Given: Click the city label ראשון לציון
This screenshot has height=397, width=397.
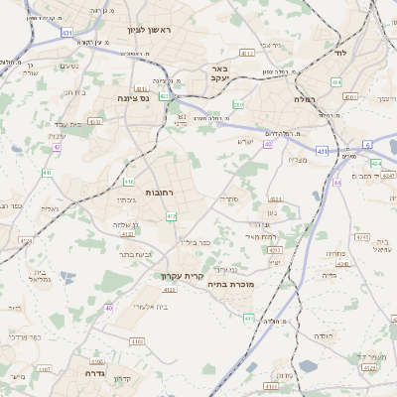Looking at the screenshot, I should pos(149,30).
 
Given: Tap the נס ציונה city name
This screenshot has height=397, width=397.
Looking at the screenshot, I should pos(133,98).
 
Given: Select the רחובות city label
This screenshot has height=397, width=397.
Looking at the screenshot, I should pos(161,192).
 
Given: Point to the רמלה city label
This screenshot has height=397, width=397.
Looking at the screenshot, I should pos(305,99).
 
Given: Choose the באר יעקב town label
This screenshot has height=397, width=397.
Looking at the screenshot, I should pos(219,73).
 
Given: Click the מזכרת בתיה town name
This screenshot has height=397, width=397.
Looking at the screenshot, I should pos(232,284).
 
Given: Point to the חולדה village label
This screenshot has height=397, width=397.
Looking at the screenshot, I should pos(325,336).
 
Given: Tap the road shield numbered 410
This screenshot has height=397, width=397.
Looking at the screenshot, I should pos(128,182).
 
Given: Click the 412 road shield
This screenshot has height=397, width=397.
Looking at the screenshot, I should pos(171,215).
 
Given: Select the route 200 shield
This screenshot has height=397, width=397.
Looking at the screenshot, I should pos(238,103).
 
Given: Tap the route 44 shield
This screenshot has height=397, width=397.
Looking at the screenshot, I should pos(337,183).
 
